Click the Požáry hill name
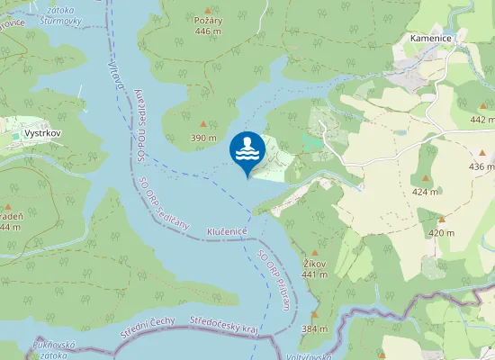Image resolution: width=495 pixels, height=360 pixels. (208, 19)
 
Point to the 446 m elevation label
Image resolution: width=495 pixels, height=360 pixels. (208, 31)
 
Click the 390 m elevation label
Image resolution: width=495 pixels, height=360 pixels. (203, 138)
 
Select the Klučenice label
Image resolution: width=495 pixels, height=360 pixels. (227, 231)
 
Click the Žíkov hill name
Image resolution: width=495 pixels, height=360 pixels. (314, 264)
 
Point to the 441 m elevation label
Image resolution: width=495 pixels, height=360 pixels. (314, 274)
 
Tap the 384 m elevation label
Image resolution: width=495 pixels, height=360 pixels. (314, 328)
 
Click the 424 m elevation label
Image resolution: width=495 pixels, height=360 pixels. (425, 192)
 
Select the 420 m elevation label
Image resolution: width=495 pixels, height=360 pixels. (441, 233)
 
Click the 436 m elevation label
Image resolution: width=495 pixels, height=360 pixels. (481, 166)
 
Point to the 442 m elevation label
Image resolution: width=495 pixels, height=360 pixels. (482, 120)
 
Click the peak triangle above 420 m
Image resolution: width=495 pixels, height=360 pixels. (441, 220)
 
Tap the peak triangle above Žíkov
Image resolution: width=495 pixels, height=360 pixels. (314, 252)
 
